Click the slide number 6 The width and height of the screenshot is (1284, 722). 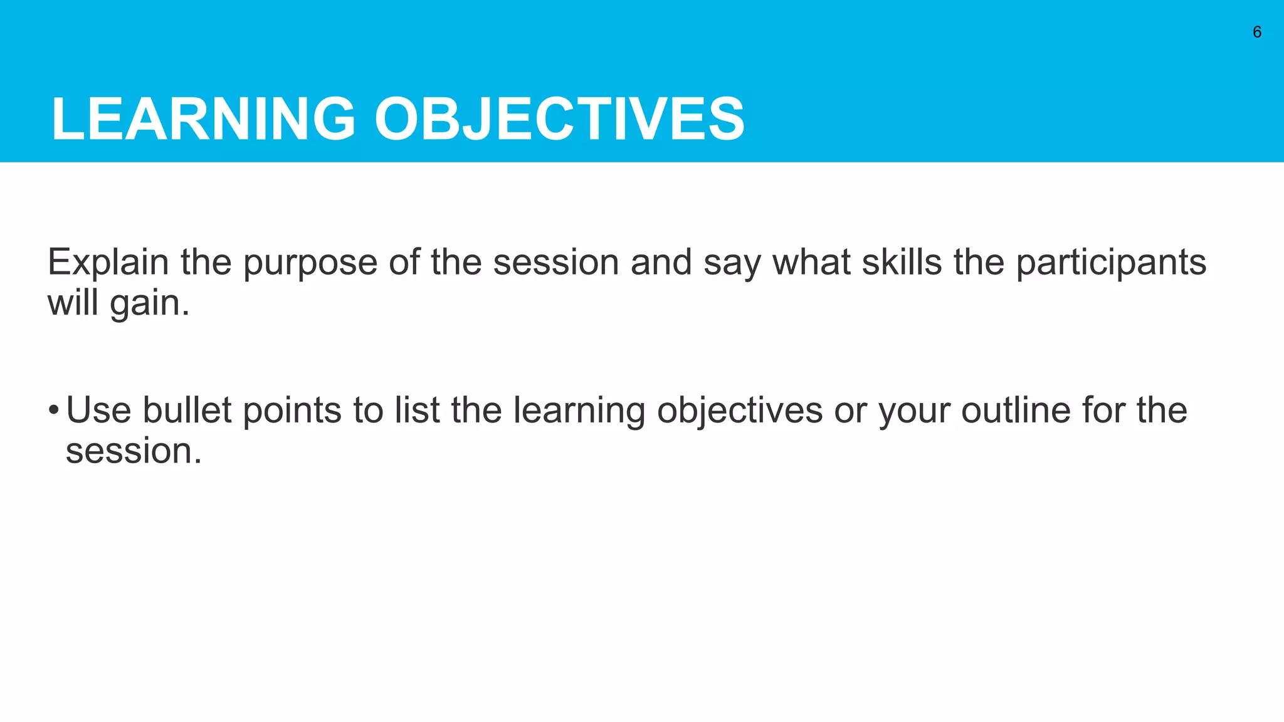pos(1256,33)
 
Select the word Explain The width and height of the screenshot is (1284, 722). pos(108,263)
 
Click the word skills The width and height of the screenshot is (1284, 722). pos(901,262)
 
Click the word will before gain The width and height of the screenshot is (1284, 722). pos(72,303)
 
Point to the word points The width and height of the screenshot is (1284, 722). pos(292,411)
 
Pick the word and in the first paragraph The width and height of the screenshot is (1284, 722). pos(660,262)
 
